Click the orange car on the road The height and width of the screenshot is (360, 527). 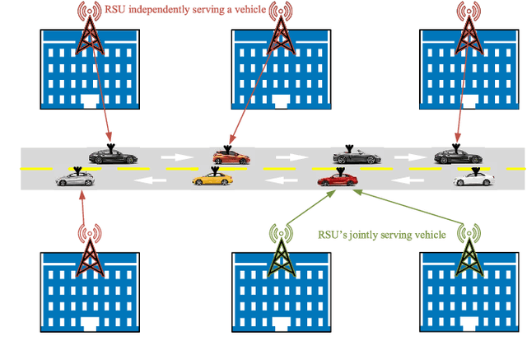point(231,157)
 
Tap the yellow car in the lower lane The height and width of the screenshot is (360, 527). point(209,179)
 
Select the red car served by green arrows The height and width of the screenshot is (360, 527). point(338,179)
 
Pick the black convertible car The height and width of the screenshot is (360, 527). point(357,156)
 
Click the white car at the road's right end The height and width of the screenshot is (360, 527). point(473,179)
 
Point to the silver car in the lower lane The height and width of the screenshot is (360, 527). point(77,179)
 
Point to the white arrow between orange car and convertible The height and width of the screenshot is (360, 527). point(289,157)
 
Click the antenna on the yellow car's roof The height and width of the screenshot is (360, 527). point(215,170)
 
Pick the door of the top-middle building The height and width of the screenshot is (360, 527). point(277,101)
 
